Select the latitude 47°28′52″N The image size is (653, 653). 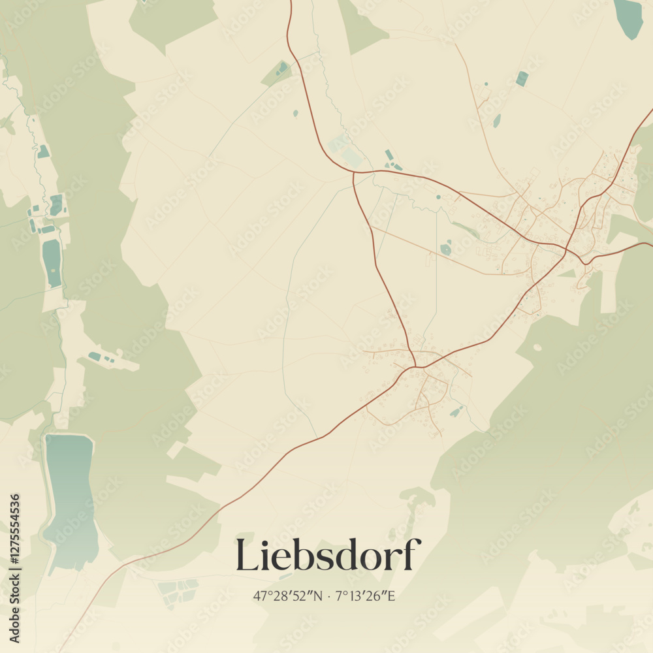point(288,596)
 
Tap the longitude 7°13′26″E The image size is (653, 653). point(366,596)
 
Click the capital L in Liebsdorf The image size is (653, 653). point(246,555)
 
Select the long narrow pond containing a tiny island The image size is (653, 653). point(52,261)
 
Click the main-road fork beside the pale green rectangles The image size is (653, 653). point(353,172)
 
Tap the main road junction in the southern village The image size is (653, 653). point(414,366)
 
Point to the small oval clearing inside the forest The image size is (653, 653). point(537,347)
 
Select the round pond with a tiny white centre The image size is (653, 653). point(446,249)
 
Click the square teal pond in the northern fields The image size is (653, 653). point(521,78)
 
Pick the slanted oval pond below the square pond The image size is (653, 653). point(497,121)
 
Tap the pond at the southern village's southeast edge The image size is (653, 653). point(456,412)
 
